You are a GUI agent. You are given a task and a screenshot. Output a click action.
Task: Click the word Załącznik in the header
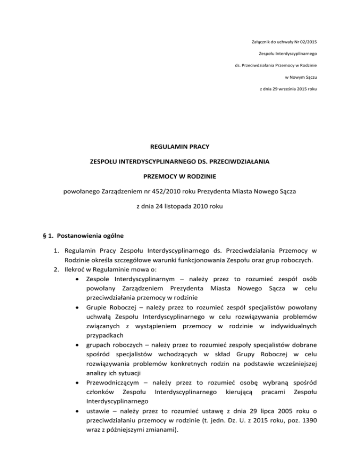pos(258,29)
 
